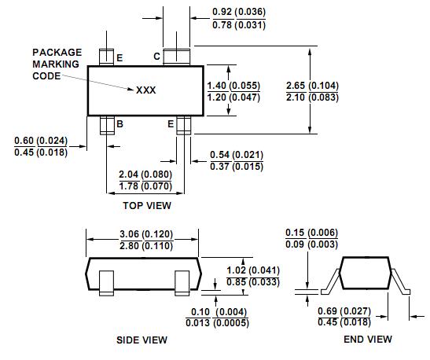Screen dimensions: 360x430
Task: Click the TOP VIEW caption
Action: pos(146,205)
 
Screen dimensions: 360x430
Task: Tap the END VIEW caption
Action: pos(366,340)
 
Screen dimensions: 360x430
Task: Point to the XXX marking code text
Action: pos(146,90)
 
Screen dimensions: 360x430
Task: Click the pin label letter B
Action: pos(119,124)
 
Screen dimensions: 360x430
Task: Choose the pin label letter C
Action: pos(156,57)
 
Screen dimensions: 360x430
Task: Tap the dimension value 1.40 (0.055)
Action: pos(233,84)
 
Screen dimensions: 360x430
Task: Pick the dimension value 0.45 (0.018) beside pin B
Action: pos(41,152)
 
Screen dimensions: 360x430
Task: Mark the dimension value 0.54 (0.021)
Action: pos(237,154)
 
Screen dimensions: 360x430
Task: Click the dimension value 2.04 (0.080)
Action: pos(145,174)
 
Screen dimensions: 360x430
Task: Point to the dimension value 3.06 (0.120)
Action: pos(142,234)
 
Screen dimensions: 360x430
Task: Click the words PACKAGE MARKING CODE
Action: pos(57,64)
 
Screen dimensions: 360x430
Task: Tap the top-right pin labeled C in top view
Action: pos(173,57)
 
